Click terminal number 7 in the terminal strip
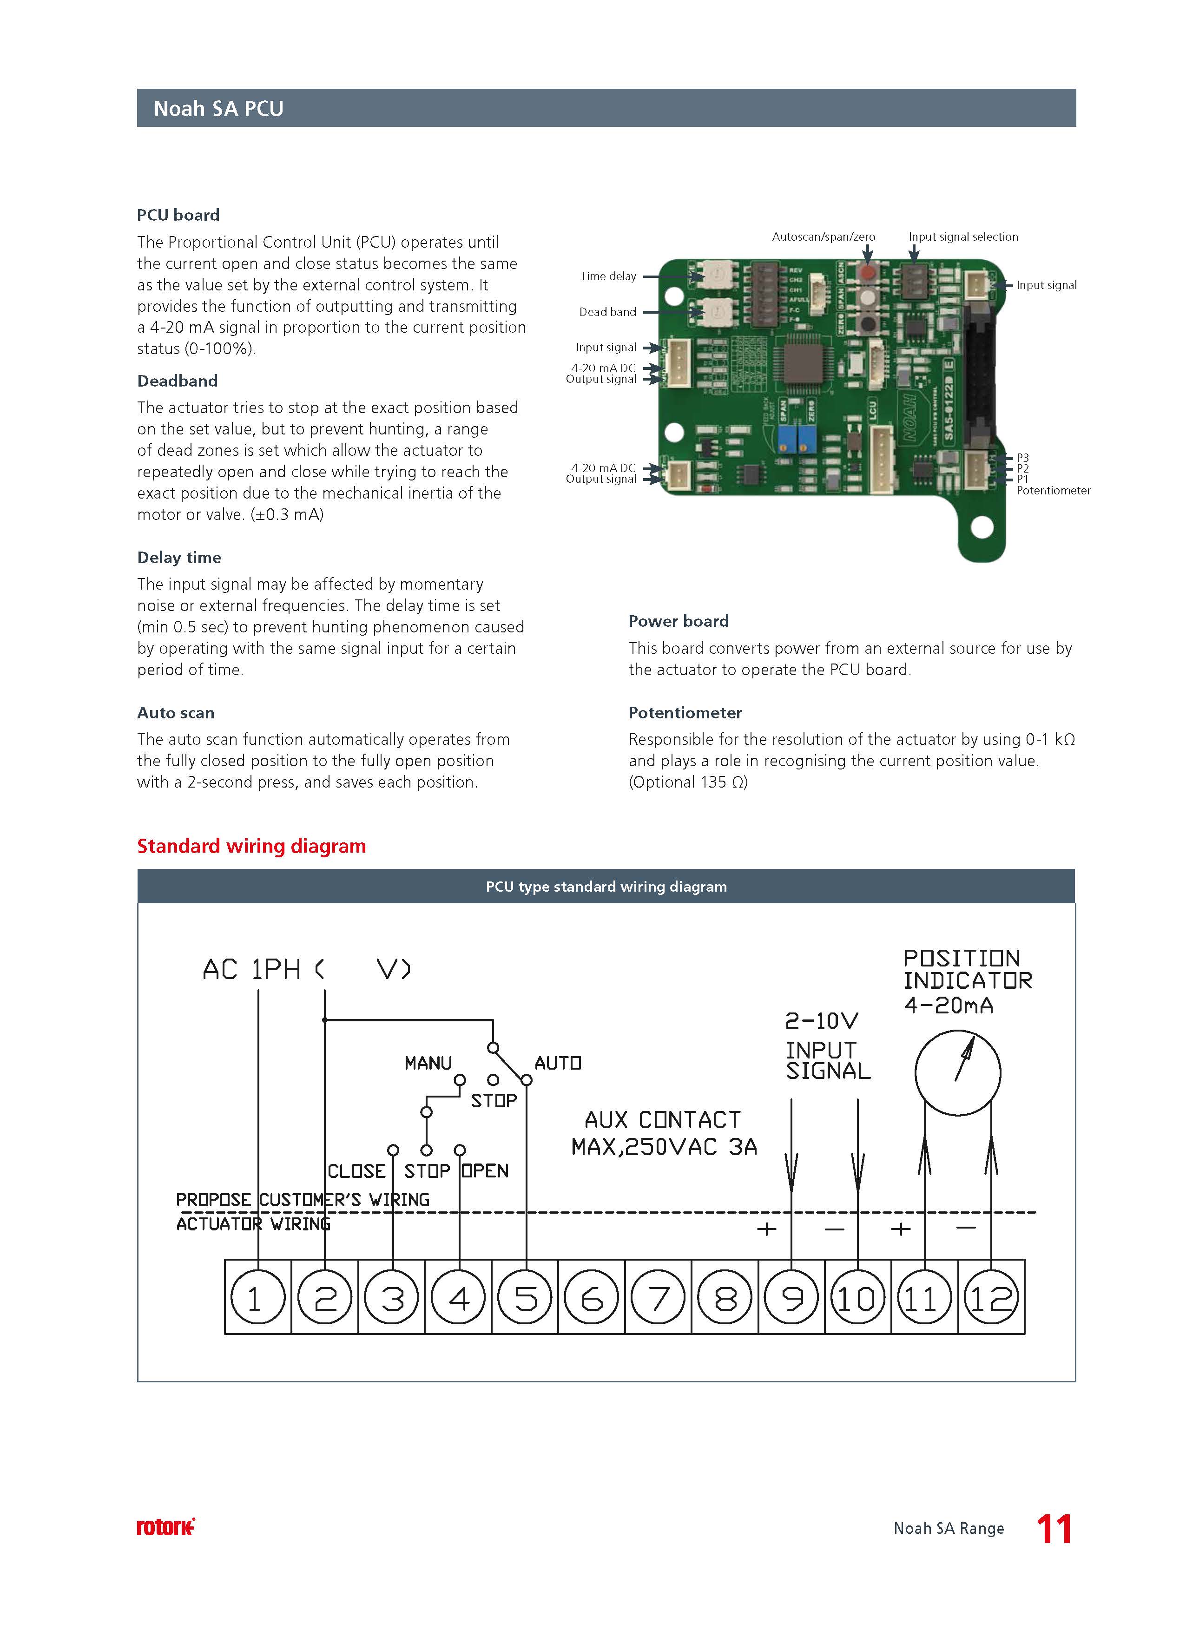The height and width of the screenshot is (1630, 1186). click(x=658, y=1298)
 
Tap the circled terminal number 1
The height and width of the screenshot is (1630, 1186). click(x=257, y=1298)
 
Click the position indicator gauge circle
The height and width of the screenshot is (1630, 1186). click(x=957, y=1073)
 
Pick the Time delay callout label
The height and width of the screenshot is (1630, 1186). click(x=608, y=276)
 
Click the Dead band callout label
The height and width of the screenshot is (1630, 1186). click(x=607, y=312)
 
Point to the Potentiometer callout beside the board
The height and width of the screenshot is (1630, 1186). click(x=1053, y=490)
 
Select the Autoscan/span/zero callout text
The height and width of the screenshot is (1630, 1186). click(x=823, y=237)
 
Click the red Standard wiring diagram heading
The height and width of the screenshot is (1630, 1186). click(x=251, y=846)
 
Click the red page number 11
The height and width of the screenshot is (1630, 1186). click(x=1054, y=1529)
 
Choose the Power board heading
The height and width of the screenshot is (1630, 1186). click(x=679, y=621)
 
